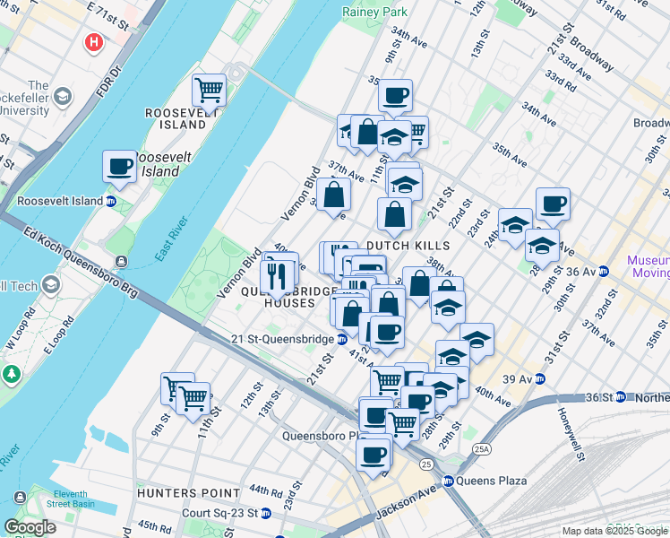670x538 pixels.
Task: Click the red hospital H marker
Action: click(92, 42)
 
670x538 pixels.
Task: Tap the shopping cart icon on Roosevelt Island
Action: click(209, 89)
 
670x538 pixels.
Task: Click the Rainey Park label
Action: click(374, 12)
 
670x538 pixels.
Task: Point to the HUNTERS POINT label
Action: click(188, 493)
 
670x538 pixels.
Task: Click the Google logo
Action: click(30, 527)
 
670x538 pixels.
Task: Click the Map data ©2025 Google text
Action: click(614, 531)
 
